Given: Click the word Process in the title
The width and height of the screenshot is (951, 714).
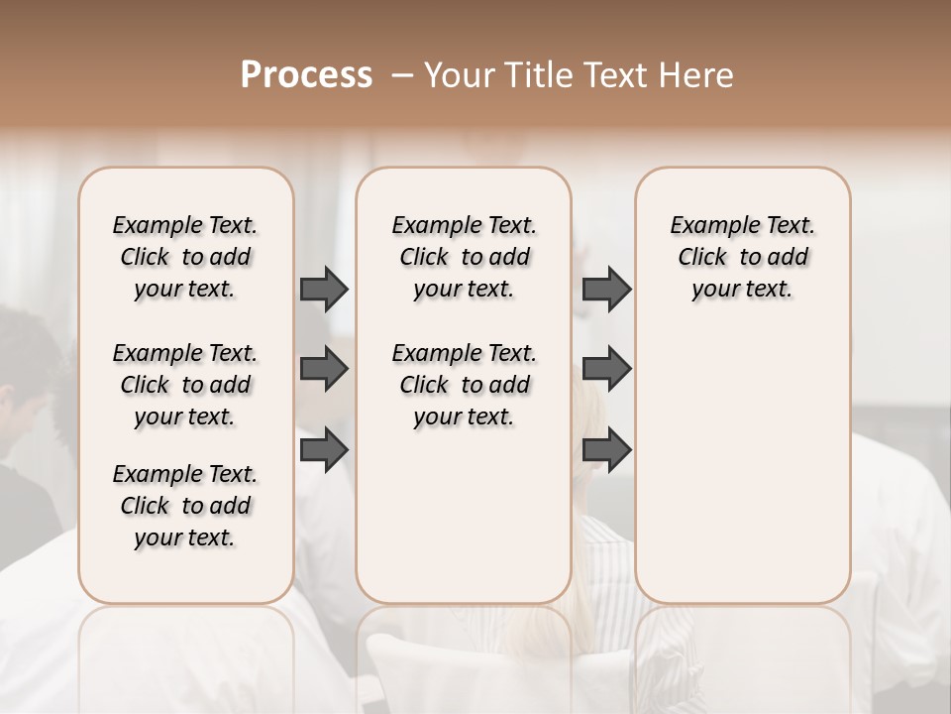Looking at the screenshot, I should (306, 75).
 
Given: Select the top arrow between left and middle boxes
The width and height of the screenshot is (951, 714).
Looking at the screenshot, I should (324, 289).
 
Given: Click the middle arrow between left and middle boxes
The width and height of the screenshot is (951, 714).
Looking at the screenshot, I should (324, 369).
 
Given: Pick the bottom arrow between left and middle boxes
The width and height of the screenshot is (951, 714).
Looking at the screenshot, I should (324, 450).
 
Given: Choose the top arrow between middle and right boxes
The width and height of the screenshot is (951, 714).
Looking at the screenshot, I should (606, 289).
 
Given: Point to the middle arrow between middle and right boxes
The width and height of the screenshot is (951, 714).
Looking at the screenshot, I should (606, 369).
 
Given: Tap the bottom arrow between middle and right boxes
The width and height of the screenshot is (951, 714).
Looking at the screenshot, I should (606, 450).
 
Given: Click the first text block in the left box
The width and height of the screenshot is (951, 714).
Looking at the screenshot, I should (185, 257).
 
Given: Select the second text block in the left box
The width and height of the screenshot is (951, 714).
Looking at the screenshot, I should (185, 385).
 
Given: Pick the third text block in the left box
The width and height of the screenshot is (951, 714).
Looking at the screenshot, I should (185, 506).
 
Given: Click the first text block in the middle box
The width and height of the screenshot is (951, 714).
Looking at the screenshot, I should (464, 257).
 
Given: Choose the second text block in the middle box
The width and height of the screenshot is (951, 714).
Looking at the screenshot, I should (464, 385).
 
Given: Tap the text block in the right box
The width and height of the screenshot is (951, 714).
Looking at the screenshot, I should (742, 257).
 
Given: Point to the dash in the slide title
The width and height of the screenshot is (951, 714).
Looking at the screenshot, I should (401, 75).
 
